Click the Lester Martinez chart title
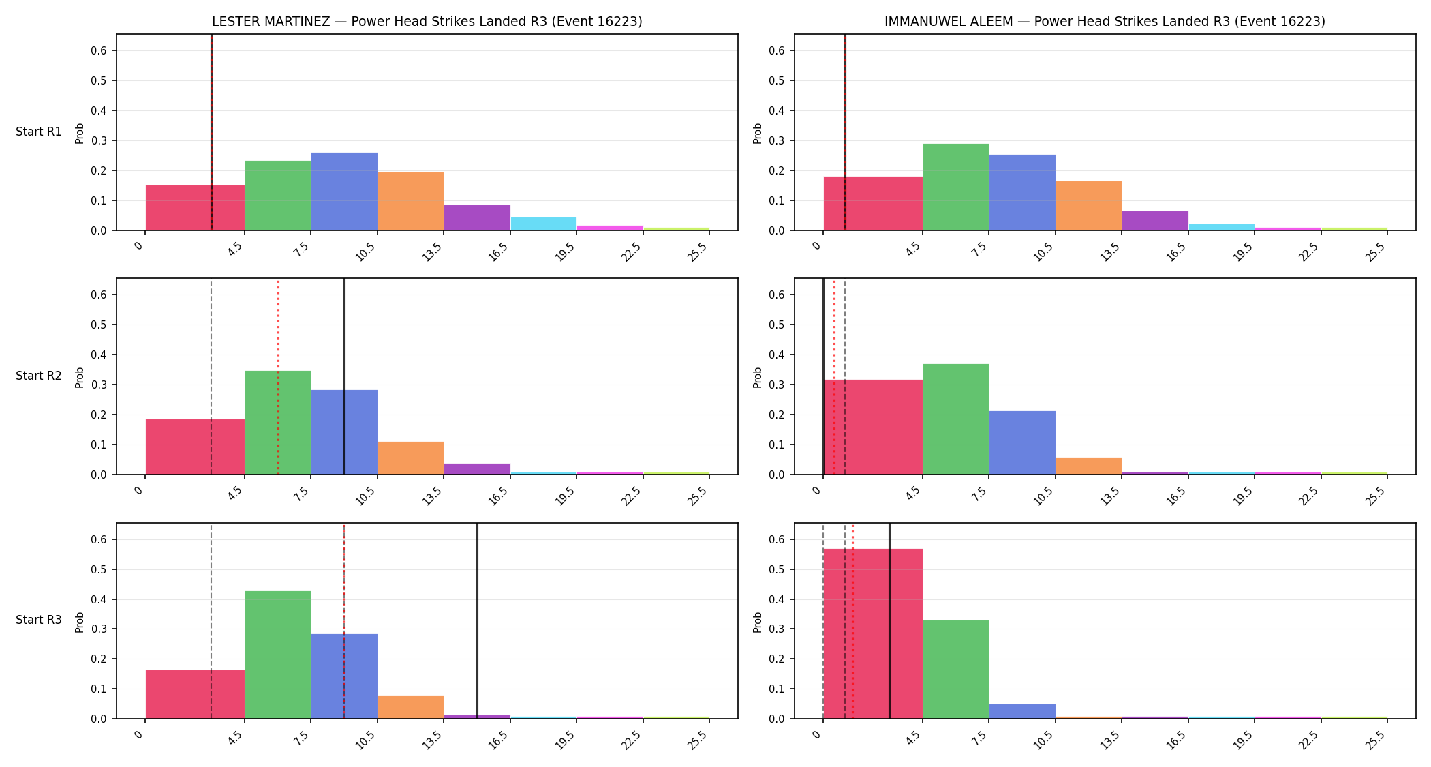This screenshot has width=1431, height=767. pyautogui.click(x=427, y=21)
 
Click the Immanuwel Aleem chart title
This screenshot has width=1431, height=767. pyautogui.click(x=1105, y=21)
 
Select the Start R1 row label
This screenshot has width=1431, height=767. pyautogui.click(x=39, y=132)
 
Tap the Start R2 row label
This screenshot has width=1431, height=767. pyautogui.click(x=39, y=376)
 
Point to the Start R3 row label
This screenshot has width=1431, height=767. pyautogui.click(x=39, y=620)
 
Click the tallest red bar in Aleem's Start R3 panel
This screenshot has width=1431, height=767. pyautogui.click(x=873, y=633)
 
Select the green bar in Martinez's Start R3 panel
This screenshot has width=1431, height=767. pyautogui.click(x=278, y=655)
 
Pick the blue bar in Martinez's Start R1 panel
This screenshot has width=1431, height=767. pyautogui.click(x=344, y=192)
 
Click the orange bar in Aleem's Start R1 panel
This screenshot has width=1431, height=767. pyautogui.click(x=1089, y=206)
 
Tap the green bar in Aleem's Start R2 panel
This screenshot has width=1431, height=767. pyautogui.click(x=956, y=419)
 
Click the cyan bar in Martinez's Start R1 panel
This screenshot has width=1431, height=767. pyautogui.click(x=544, y=224)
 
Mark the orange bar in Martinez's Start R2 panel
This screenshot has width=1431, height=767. pyautogui.click(x=411, y=458)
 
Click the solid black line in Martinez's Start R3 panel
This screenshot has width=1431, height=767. pyautogui.click(x=477, y=620)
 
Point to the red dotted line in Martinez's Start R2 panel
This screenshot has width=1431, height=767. pyautogui.click(x=278, y=376)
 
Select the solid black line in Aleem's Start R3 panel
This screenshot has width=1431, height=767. pyautogui.click(x=889, y=620)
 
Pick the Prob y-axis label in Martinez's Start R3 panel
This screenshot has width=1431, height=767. pyautogui.click(x=80, y=622)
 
